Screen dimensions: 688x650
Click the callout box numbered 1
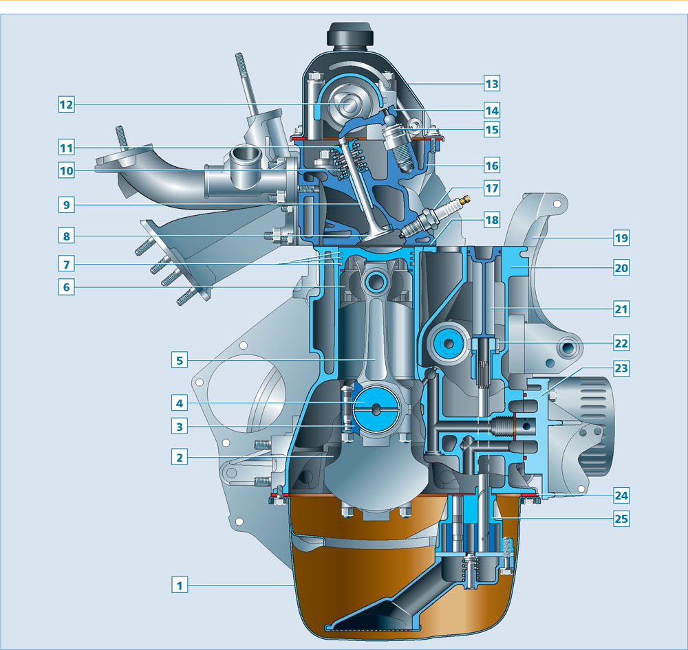180,585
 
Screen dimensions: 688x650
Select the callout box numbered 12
66,104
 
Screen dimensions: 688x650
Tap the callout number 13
492,83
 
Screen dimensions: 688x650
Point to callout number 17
492,188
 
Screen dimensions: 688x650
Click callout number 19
621,238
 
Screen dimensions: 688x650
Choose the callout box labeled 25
621,519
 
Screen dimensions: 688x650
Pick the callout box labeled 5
180,360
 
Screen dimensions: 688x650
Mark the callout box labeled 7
66,264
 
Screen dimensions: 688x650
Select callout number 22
621,343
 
